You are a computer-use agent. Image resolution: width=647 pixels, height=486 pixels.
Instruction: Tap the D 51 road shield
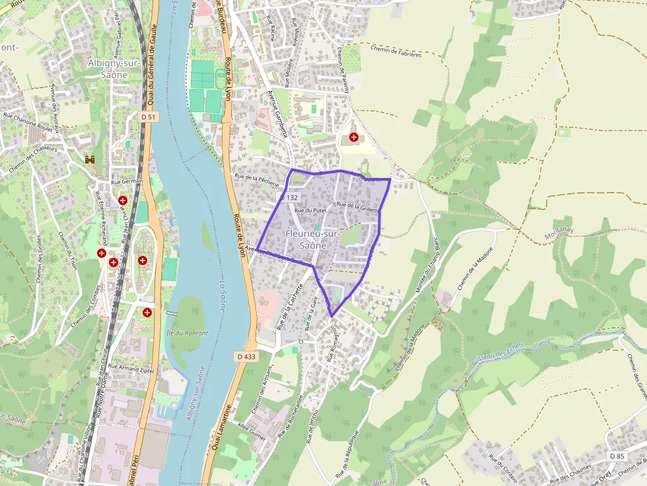[x=150, y=117]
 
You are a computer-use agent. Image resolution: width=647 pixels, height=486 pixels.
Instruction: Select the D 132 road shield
[x=289, y=197]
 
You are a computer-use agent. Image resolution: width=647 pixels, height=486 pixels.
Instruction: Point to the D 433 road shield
[x=245, y=357]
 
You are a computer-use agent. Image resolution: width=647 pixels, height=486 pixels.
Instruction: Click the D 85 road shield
[x=617, y=456]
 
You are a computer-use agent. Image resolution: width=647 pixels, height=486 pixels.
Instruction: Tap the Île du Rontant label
[x=187, y=333]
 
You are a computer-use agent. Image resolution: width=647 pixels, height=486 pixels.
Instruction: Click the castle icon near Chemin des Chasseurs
[x=89, y=160]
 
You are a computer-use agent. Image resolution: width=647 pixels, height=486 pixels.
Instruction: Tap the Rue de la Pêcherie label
[x=257, y=180]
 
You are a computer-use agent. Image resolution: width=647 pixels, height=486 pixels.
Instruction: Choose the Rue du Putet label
[x=310, y=210]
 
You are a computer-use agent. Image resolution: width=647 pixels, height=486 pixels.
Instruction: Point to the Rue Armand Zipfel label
[x=131, y=369]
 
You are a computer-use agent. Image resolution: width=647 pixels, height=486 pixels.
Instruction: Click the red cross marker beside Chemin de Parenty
[x=354, y=137]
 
